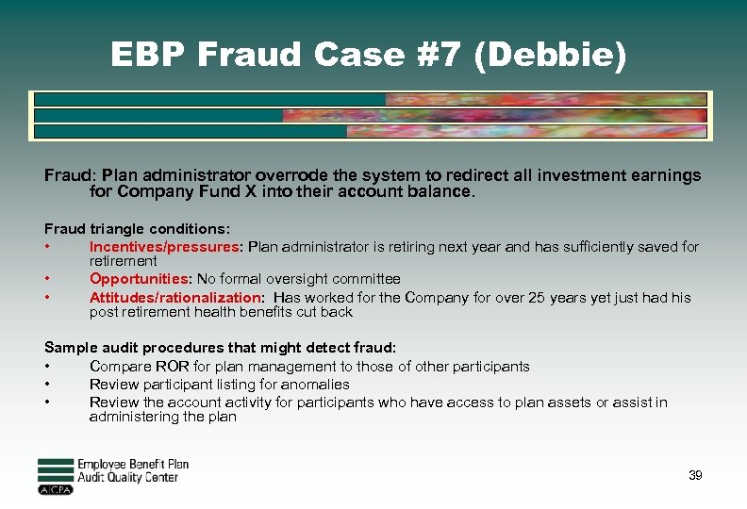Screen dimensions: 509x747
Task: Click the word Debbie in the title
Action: pos(558,56)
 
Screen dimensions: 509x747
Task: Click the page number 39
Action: pos(695,475)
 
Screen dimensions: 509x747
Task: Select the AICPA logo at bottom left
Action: pos(56,489)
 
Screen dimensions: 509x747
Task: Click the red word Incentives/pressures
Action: pos(165,247)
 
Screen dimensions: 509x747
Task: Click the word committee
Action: pos(367,279)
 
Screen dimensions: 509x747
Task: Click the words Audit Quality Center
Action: pos(127,478)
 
